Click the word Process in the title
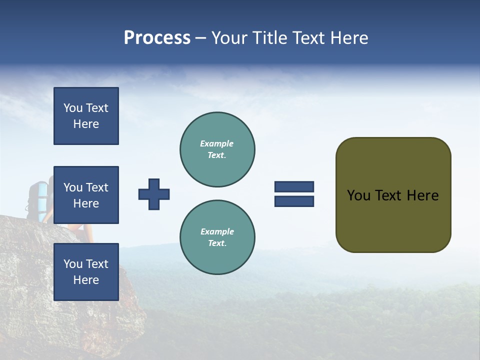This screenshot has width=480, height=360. click(x=157, y=38)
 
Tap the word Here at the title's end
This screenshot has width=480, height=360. click(x=347, y=38)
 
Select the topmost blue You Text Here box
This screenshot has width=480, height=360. click(x=86, y=116)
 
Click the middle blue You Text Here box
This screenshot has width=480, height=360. click(x=86, y=195)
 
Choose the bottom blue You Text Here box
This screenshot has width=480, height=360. click(x=86, y=272)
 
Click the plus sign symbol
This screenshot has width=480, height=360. click(x=154, y=194)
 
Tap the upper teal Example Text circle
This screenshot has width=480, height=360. click(x=217, y=149)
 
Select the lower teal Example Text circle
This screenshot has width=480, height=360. click(x=217, y=237)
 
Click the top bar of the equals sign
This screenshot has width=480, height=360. click(x=294, y=187)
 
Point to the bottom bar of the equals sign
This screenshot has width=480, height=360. click(x=294, y=201)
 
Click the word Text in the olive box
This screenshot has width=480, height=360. click(x=388, y=195)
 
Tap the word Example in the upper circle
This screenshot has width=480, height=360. click(x=216, y=143)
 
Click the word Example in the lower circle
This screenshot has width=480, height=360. click(x=217, y=231)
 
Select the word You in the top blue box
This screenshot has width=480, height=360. click(x=73, y=108)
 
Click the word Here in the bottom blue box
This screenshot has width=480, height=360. click(x=86, y=280)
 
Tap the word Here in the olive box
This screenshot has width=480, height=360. click(x=422, y=195)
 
